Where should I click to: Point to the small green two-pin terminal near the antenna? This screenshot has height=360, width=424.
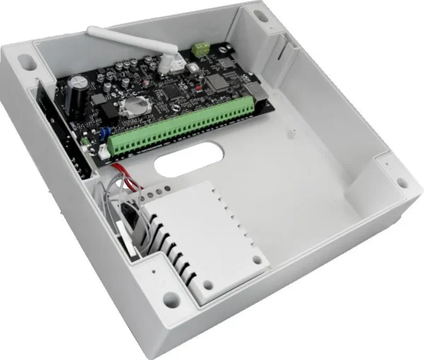(x=202, y=50)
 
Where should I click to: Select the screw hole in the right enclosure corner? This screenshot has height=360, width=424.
(x=402, y=183)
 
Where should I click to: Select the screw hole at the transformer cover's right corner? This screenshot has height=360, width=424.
(x=259, y=262)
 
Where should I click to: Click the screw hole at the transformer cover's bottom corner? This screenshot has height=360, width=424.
(x=207, y=286)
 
